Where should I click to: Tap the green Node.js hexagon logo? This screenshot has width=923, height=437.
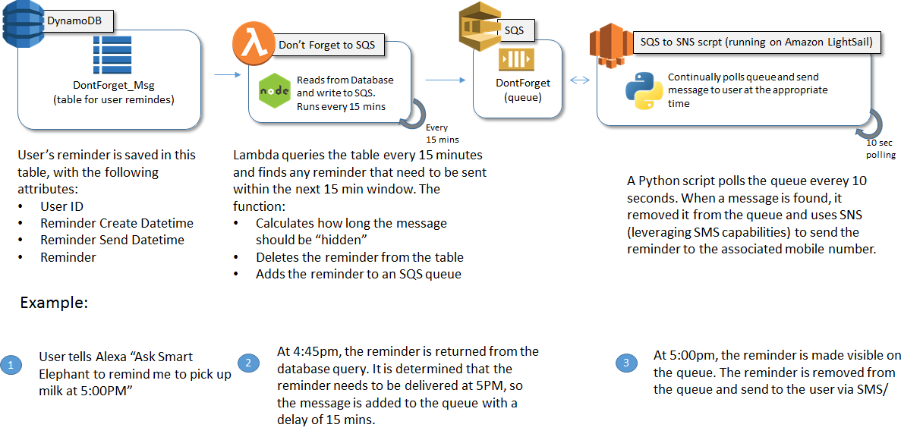[x=274, y=91]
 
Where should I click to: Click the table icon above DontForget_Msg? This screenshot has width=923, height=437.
[x=112, y=55]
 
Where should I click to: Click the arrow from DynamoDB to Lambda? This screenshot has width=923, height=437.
[x=225, y=75]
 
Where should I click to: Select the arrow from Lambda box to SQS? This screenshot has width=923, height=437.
[x=443, y=78]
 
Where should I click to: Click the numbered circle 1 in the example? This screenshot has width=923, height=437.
[x=11, y=366]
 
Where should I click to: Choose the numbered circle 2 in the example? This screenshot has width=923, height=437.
[x=248, y=363]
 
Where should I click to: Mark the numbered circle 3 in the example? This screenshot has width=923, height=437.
[x=625, y=363]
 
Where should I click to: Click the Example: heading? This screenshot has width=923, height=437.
[x=54, y=302]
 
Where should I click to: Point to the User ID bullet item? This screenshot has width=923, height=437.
[x=61, y=206]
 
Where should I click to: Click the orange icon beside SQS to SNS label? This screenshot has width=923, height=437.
[x=610, y=44]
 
